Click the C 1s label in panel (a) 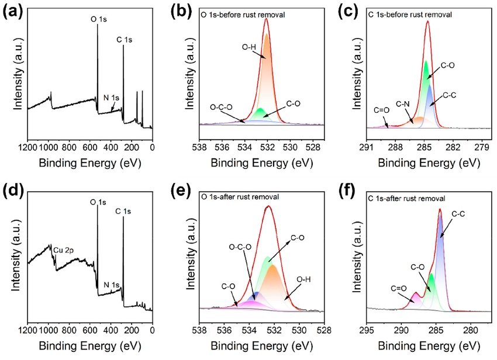coord(125,40)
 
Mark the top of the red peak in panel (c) coord(427,22)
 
